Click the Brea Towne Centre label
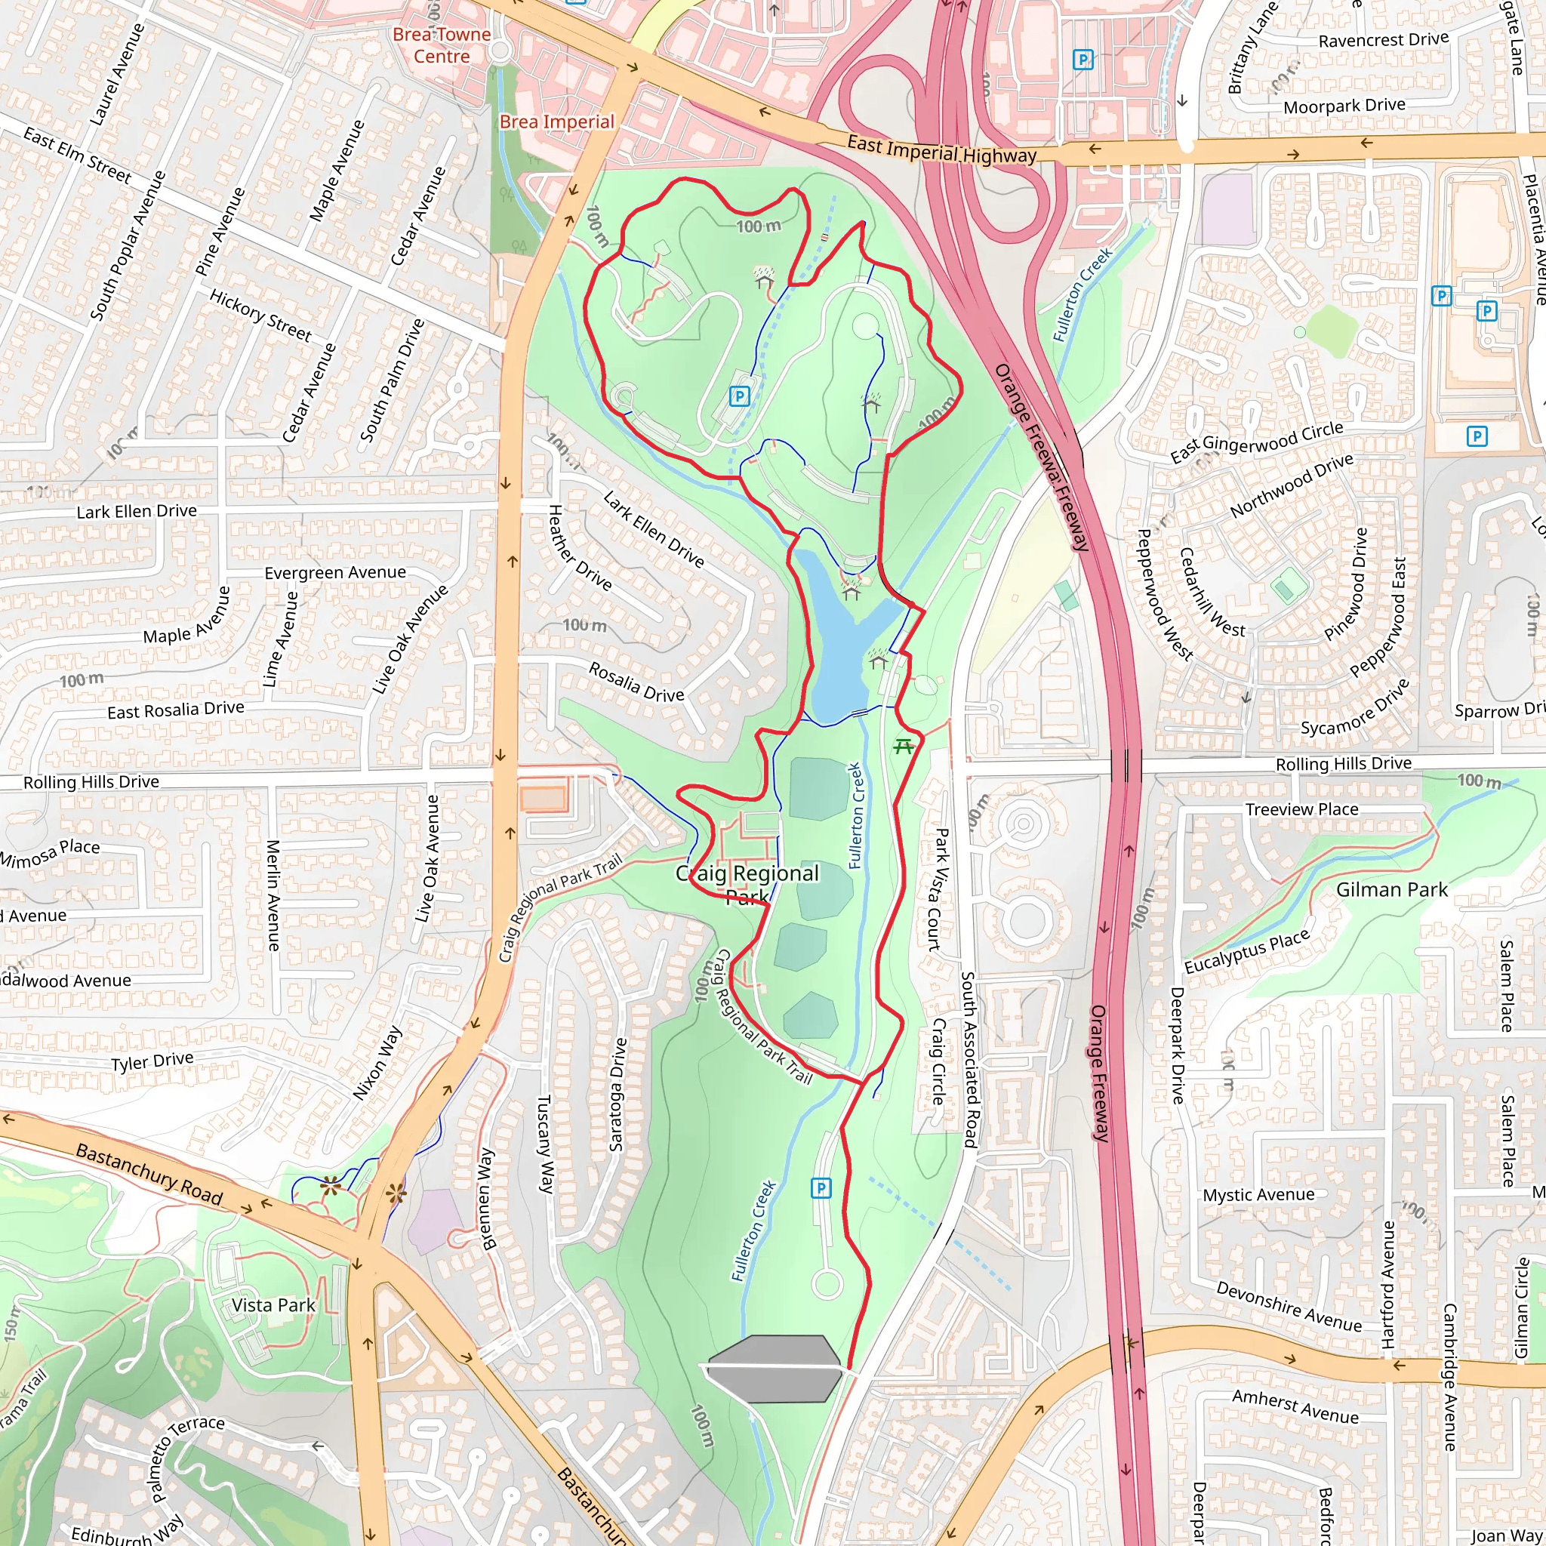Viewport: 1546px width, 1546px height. tap(441, 45)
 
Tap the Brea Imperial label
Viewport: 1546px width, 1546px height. tap(556, 122)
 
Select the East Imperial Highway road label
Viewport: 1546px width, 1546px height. tap(941, 149)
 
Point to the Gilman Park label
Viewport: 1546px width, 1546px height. tap(1391, 890)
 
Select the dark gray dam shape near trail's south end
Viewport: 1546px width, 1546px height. tap(773, 1369)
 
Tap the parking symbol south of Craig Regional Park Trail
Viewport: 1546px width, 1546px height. tap(821, 1188)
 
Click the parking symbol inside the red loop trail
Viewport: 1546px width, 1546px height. tap(739, 396)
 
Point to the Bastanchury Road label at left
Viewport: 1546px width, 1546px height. tap(149, 1174)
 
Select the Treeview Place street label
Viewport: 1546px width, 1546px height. tap(1301, 810)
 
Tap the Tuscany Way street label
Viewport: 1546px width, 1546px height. tap(544, 1144)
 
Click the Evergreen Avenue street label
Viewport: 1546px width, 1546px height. tap(335, 573)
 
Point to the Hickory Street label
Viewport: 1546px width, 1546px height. tap(260, 316)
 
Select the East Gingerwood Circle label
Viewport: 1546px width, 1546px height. tap(1256, 442)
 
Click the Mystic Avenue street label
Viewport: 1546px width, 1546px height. tap(1258, 1195)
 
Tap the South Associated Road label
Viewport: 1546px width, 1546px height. tap(969, 1061)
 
